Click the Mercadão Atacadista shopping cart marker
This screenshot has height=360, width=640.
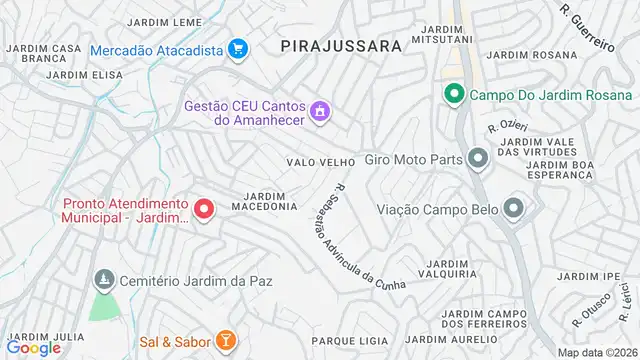point(237,48)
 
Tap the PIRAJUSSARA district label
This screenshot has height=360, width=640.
point(341,45)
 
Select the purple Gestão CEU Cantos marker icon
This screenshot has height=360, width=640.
point(320,109)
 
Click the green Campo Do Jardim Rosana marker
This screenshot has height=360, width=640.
point(453,95)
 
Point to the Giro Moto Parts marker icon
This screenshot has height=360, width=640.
point(478,158)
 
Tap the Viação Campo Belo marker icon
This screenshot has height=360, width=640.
point(514,209)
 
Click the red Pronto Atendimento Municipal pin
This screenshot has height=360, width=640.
point(204,209)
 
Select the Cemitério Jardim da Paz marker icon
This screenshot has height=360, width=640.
point(101,278)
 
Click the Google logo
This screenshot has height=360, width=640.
point(34,347)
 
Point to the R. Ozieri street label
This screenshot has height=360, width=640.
point(506,126)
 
